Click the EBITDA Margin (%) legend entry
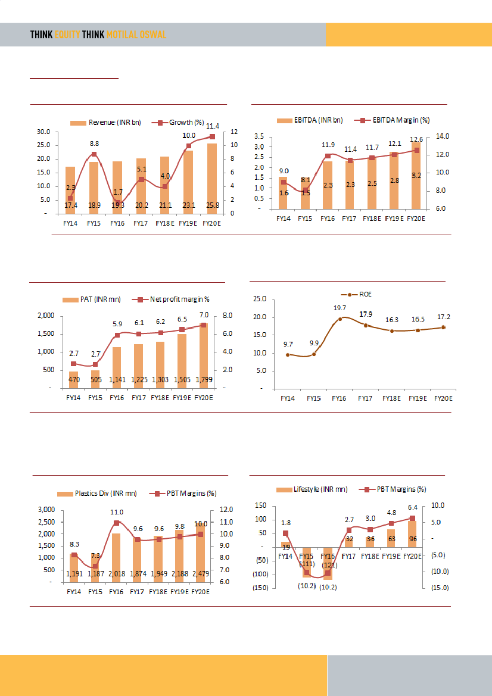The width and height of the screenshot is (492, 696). tap(396, 120)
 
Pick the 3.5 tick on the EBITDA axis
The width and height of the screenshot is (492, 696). tap(259, 136)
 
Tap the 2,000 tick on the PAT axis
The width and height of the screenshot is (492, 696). tap(46, 316)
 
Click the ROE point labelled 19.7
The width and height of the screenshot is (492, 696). tap(340, 319)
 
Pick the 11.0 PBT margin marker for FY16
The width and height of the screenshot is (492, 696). tap(117, 523)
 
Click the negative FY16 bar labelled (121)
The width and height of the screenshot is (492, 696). tap(328, 563)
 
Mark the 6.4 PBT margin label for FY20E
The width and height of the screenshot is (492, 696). tap(412, 508)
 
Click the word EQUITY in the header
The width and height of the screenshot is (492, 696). tap(67, 35)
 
